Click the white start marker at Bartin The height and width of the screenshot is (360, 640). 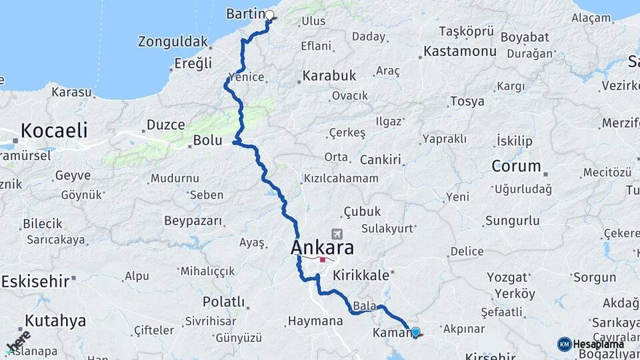270,15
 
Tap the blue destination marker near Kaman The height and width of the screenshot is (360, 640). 416,331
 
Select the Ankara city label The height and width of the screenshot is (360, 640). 322,248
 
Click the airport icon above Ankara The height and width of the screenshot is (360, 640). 337,235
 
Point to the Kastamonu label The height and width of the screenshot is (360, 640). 460,51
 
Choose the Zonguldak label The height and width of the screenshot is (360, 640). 173,41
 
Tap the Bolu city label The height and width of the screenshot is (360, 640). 207,141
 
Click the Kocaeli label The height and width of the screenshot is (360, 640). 54,130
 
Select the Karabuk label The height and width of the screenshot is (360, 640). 329,76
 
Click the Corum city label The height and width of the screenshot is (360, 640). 515,165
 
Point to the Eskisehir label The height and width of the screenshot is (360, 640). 35,281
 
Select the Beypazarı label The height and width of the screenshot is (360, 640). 192,220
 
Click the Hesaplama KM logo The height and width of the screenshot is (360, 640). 591,344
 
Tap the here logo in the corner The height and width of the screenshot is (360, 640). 18,341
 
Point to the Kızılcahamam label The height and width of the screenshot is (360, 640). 341,179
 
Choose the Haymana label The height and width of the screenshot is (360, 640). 315,321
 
